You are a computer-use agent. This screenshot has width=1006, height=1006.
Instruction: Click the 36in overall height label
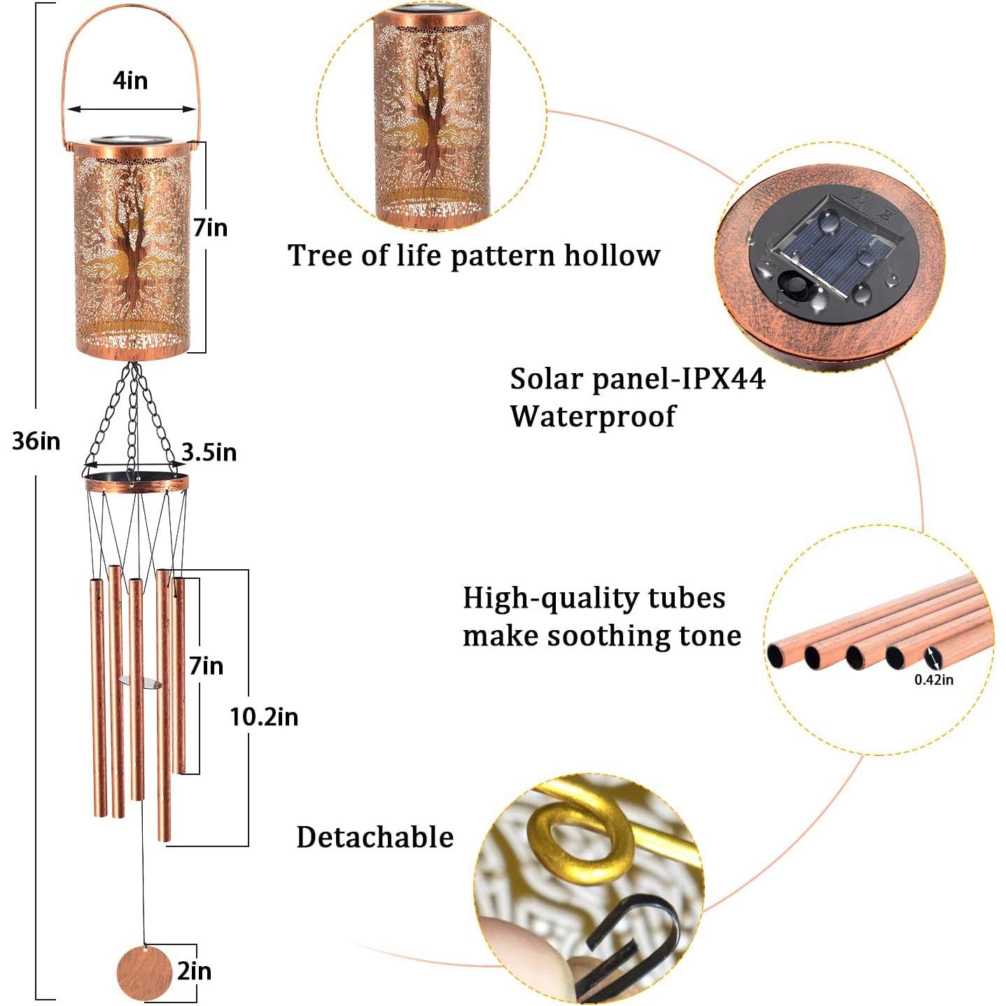click(x=36, y=442)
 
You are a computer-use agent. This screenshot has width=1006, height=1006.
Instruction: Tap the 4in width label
click(x=130, y=81)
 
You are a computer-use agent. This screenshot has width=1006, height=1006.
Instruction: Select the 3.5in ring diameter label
click(x=209, y=453)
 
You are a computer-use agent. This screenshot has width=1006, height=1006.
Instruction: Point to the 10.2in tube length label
click(x=264, y=717)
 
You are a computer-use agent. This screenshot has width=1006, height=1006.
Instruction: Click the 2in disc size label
click(x=194, y=972)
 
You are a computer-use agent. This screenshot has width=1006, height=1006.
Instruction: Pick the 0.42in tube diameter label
click(x=934, y=680)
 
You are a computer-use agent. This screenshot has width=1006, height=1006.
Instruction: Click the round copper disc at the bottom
click(x=144, y=974)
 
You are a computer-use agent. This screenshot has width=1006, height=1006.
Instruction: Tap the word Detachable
click(x=375, y=837)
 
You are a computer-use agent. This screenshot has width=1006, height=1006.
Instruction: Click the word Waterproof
click(x=592, y=417)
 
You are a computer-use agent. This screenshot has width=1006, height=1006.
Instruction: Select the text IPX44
click(x=724, y=379)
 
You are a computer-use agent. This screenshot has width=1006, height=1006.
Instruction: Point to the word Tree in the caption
click(x=321, y=256)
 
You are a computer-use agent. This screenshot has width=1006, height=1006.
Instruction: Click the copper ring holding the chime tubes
click(x=137, y=483)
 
